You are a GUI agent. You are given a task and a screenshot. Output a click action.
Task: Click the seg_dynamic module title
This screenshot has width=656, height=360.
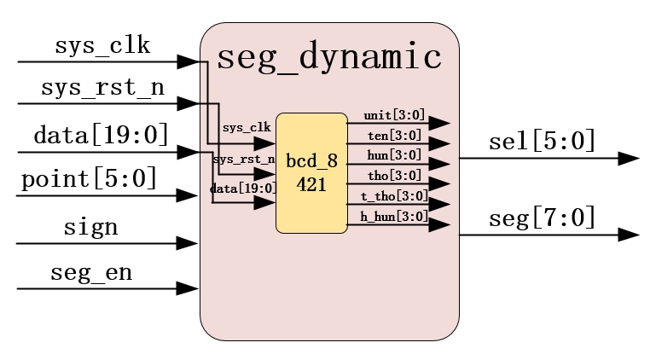pos(329,57)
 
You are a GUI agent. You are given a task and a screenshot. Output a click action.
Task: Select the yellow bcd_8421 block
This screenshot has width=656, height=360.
pos(311,173)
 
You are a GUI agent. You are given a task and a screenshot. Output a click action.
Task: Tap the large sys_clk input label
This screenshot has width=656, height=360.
pos(102,45)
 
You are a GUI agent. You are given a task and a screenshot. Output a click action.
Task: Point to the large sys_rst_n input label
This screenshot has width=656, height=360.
pos(102,88)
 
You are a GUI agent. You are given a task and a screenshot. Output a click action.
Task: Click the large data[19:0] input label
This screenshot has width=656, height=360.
pos(101,135)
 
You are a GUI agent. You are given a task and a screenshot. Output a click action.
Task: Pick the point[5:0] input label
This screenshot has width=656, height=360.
pos(89,178)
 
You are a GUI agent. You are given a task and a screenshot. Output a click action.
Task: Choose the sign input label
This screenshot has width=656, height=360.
pos(90,228)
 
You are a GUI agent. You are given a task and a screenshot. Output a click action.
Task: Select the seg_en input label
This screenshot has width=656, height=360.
pos(91,273)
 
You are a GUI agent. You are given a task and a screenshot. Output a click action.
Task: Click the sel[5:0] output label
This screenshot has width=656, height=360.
pos(543,141)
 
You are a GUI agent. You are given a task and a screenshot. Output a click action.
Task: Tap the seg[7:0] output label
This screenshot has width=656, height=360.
pos(543,218)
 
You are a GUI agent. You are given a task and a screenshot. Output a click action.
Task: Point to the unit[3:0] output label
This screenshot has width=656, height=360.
pos(394,115)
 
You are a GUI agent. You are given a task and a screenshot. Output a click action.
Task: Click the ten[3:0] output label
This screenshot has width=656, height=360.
pos(394,135)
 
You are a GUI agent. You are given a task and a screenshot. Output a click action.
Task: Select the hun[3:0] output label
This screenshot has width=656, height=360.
pos(394,155)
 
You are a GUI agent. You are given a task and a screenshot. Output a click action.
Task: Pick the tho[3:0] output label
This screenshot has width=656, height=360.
pos(394,176)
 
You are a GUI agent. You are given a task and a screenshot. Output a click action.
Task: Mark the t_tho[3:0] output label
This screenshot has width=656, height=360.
pos(394,196)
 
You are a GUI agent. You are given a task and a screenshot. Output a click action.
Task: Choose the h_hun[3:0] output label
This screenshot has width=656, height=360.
pos(394,217)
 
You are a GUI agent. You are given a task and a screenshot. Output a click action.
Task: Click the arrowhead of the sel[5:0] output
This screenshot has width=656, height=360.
pos(630,159)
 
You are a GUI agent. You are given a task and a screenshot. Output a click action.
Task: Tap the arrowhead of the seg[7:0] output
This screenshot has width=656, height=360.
pos(630,235)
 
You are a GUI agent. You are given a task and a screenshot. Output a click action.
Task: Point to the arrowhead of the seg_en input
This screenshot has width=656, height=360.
pos(187,288)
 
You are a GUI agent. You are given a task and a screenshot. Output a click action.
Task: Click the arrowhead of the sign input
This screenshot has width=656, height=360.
pos(187,243)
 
